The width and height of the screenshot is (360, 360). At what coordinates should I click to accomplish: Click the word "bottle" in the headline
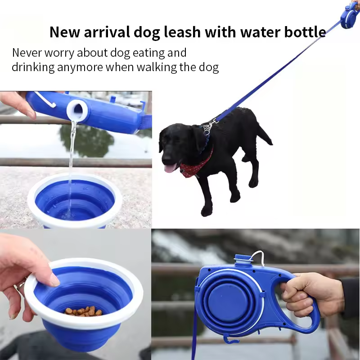click(305, 32)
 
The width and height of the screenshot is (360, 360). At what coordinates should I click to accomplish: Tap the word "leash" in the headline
click(182, 32)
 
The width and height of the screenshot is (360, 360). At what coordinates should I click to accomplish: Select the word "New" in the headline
click(64, 32)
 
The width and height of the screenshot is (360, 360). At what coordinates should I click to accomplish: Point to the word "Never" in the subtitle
click(27, 53)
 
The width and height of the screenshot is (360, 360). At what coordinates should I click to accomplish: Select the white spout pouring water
click(77, 109)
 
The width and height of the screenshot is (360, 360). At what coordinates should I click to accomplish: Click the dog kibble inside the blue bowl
click(84, 311)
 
